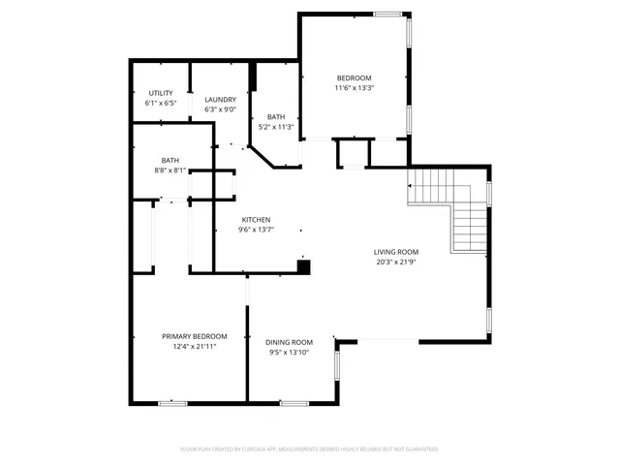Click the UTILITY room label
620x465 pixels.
tap(161, 93)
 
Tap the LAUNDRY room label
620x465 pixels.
tap(221, 99)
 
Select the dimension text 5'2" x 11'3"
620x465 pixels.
tap(276, 127)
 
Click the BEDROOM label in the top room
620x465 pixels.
tap(354, 78)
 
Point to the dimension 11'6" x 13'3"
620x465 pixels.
tap(354, 88)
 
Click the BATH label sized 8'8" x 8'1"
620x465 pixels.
tap(170, 161)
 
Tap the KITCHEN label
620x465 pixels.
tap(256, 220)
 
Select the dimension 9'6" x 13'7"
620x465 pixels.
tap(256, 230)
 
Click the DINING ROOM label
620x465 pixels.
tap(290, 342)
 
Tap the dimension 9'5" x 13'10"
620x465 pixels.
tap(290, 352)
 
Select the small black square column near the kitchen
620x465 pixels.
tap(303, 266)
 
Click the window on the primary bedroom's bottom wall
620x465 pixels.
tap(172, 402)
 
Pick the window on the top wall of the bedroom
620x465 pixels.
tap(388, 14)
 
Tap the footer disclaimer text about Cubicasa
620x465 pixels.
tap(310, 449)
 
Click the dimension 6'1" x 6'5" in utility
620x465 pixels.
tap(161, 103)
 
